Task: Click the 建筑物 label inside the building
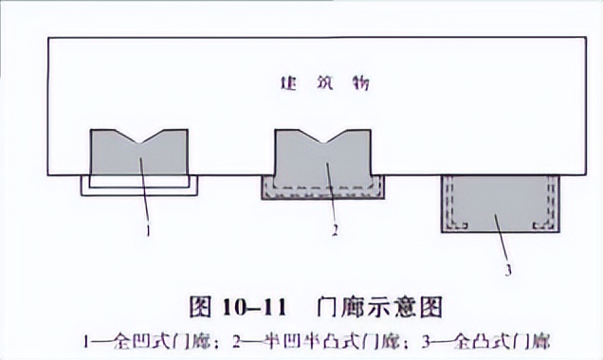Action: [x=324, y=83]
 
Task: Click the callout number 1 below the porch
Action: [x=149, y=229]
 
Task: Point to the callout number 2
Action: [x=336, y=229]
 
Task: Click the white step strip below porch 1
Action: [x=139, y=189]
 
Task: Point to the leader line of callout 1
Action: [x=145, y=194]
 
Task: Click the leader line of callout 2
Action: [x=332, y=194]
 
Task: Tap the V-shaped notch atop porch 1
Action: [x=139, y=138]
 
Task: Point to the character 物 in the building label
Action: [x=360, y=83]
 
